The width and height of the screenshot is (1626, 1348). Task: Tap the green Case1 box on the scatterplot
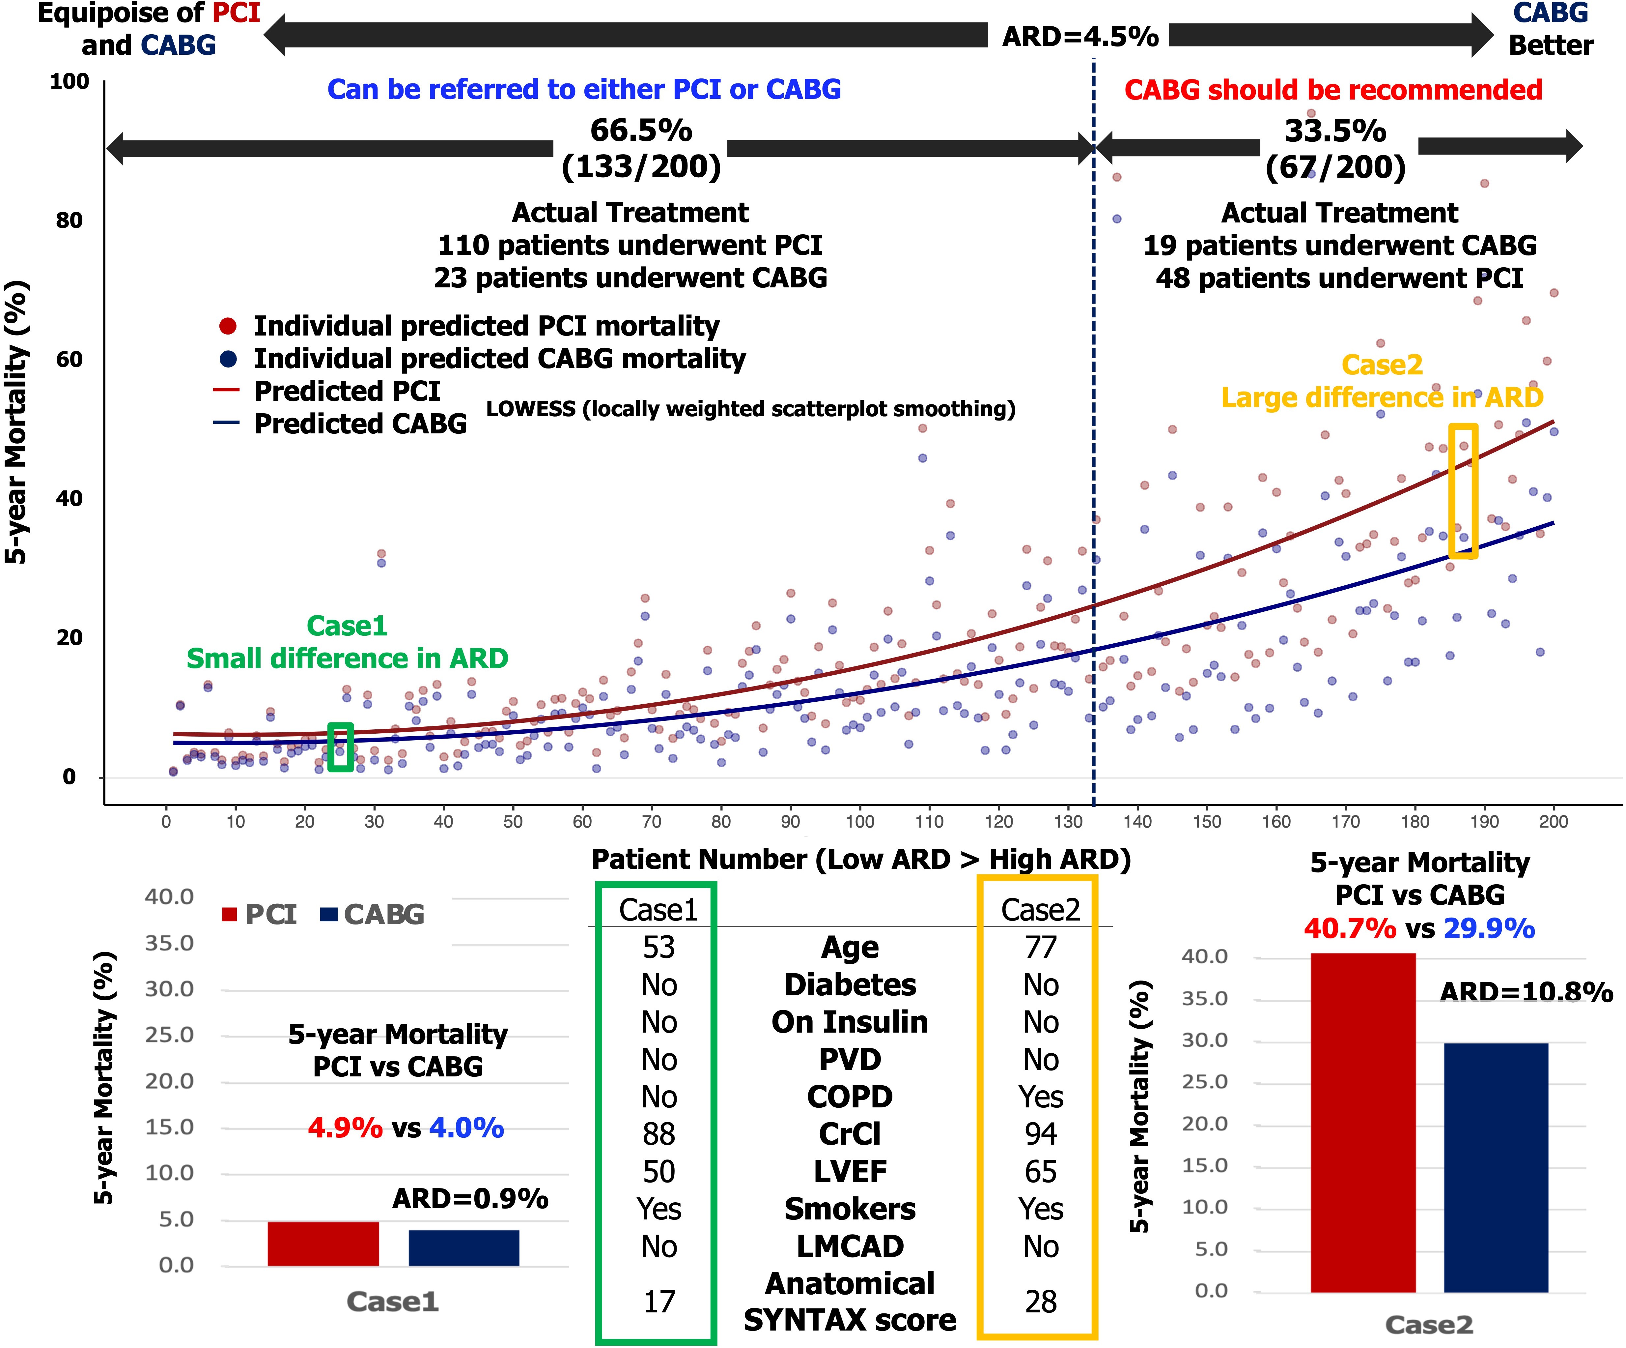[x=341, y=747]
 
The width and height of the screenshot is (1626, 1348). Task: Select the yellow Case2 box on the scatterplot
[x=1463, y=490]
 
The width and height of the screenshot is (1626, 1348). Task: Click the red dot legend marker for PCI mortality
[x=228, y=326]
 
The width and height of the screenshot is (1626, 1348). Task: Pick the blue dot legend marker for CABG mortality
[x=228, y=359]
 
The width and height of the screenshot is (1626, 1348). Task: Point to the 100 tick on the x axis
[x=859, y=822]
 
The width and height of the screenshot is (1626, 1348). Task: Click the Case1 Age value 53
[x=659, y=948]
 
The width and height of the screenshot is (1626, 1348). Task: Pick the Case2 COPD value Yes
[x=1041, y=1097]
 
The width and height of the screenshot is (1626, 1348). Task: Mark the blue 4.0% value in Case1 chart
[x=466, y=1128]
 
